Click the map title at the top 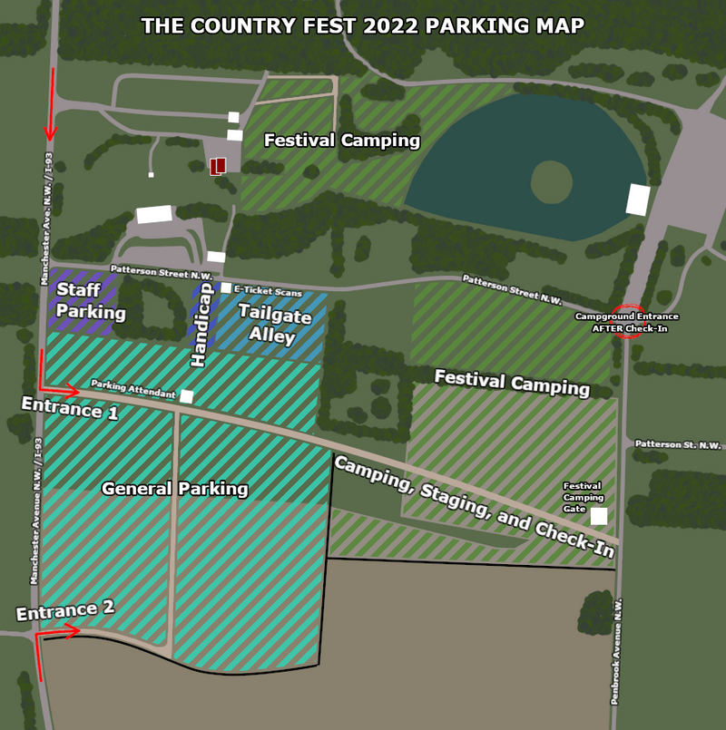pos(363,24)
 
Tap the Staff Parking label pos(91,301)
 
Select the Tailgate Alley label pos(275,325)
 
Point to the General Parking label pos(175,489)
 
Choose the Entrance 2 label pos(65,610)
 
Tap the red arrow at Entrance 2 pos(54,633)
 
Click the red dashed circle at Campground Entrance pos(628,321)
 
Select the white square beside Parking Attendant pos(187,396)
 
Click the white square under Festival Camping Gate pos(599,516)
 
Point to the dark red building pos(218,166)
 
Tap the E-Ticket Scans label pos(268,290)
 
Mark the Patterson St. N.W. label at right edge pos(677,444)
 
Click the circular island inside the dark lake pos(552,181)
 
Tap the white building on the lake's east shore pos(638,200)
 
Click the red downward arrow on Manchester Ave pos(51,104)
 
